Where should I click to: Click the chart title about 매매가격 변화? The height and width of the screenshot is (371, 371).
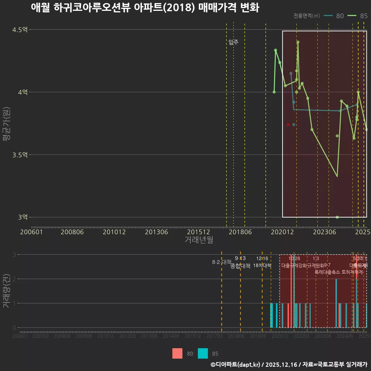tap(145, 8)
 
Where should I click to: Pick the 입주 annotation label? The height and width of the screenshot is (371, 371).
tap(233, 43)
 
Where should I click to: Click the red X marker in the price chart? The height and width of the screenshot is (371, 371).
tap(288, 124)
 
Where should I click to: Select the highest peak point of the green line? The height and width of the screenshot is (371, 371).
tap(298, 42)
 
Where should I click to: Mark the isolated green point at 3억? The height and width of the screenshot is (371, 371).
tap(337, 217)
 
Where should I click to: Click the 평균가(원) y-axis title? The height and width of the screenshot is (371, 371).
tap(6, 123)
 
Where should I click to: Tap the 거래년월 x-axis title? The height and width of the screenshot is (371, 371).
tap(199, 240)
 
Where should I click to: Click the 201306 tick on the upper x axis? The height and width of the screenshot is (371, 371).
tap(156, 232)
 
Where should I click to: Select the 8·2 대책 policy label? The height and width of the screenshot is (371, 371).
tap(221, 262)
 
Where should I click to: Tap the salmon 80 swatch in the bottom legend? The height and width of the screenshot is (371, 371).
tap(177, 353)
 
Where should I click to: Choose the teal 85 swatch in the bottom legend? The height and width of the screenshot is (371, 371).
tap(203, 353)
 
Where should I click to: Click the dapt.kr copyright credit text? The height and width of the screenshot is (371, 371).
tap(289, 364)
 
